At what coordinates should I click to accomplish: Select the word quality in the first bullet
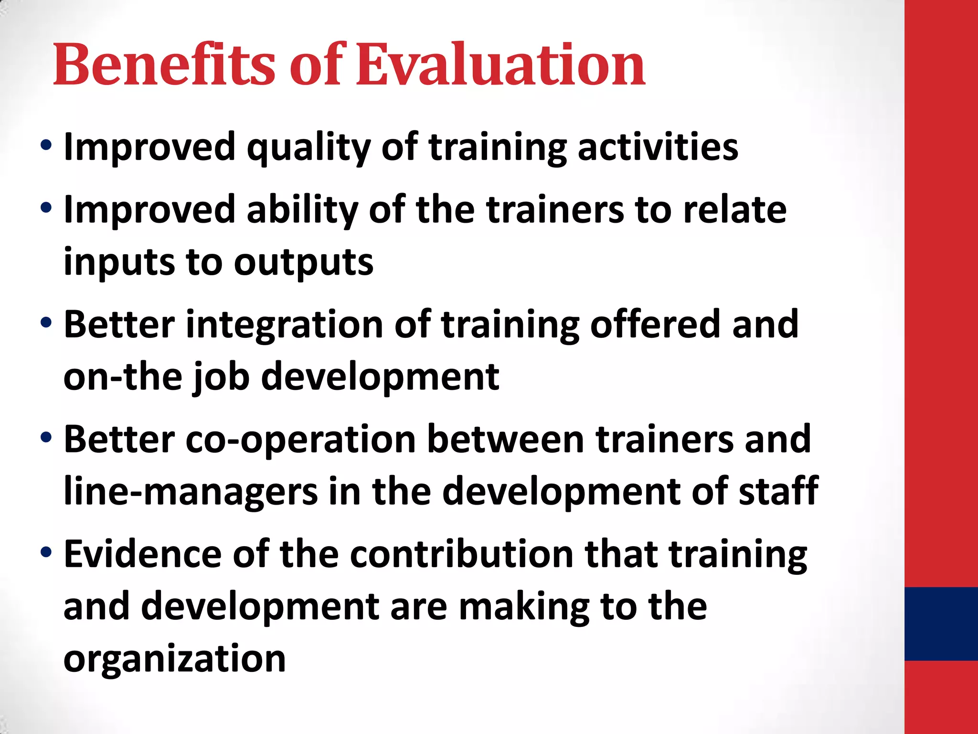pyautogui.click(x=308, y=148)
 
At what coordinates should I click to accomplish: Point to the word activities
pyautogui.click(x=658, y=147)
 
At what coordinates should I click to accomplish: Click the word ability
pyautogui.click(x=302, y=210)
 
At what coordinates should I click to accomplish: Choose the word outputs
pyautogui.click(x=304, y=263)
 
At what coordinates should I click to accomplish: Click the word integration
pyautogui.click(x=284, y=325)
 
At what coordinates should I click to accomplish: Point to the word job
pyautogui.click(x=221, y=378)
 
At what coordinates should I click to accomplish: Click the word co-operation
pyautogui.click(x=300, y=440)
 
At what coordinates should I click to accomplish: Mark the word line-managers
pyautogui.click(x=191, y=492)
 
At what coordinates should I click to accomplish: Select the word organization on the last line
pyautogui.click(x=175, y=659)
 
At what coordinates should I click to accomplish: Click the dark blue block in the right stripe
pyautogui.click(x=941, y=624)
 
